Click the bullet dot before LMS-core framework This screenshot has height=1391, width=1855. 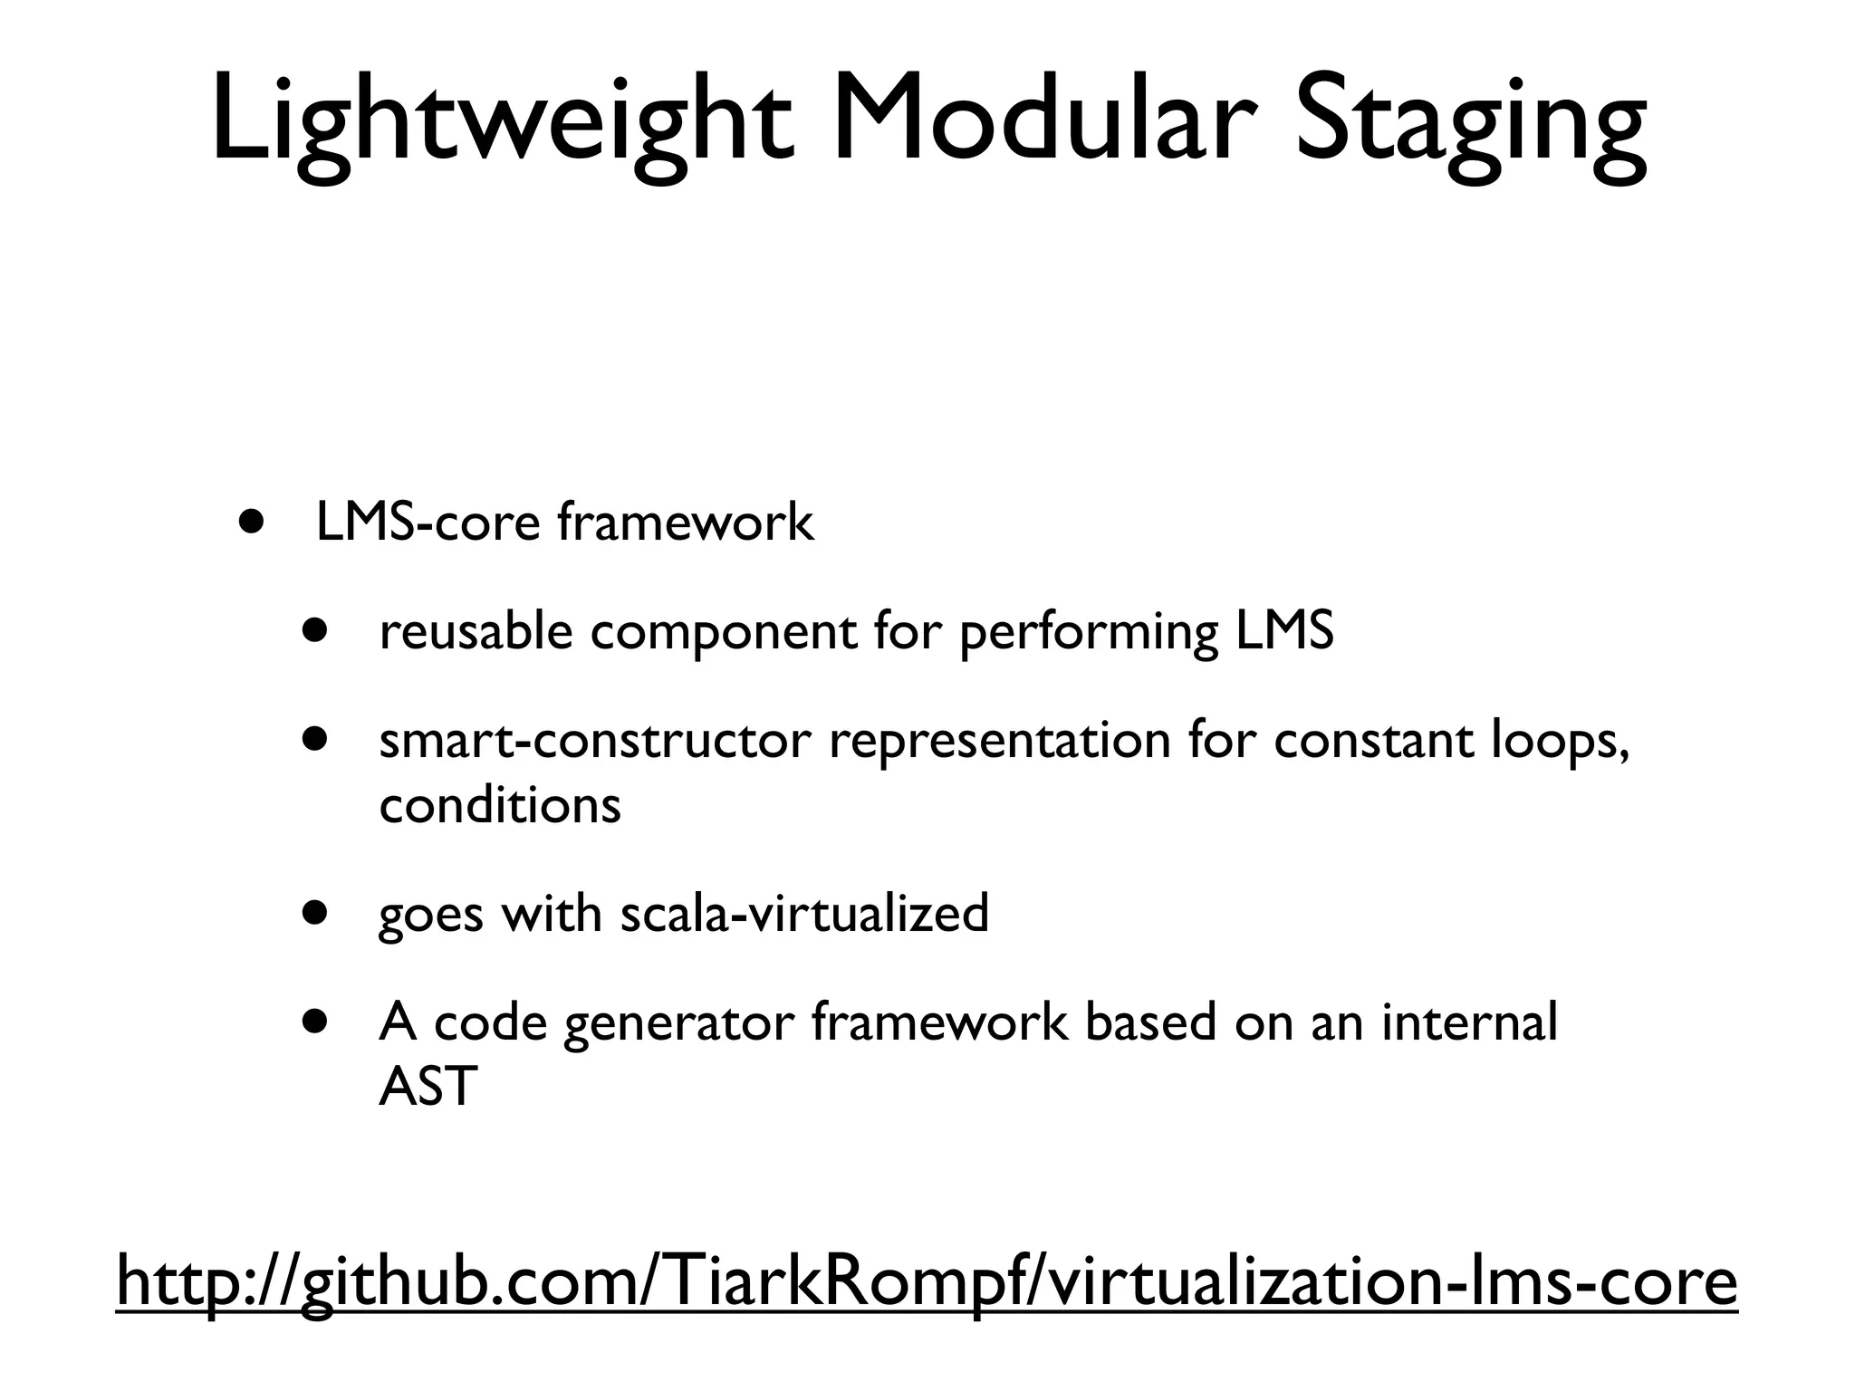click(x=253, y=523)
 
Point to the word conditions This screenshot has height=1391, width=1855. click(x=500, y=804)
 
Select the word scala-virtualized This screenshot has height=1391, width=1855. click(x=804, y=912)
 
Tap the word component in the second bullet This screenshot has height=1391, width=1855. click(x=723, y=632)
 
